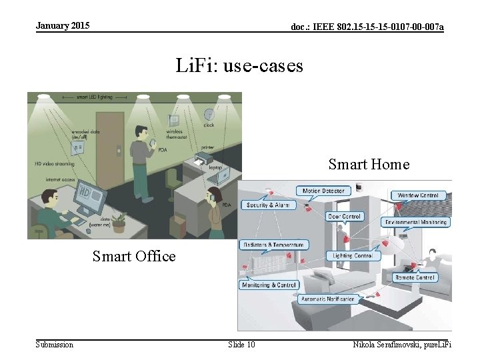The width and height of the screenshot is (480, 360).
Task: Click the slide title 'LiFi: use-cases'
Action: [239, 66]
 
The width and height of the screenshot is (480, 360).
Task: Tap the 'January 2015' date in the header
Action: [62, 26]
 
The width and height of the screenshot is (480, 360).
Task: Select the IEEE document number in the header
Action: [367, 27]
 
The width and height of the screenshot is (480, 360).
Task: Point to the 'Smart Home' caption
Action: [369, 164]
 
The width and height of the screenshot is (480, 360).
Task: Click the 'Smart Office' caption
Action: [134, 256]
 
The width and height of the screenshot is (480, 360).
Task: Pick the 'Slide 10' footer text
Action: [241, 344]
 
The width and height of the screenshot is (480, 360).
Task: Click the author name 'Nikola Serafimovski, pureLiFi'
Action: [402, 344]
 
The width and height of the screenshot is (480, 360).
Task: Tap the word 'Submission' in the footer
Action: [55, 344]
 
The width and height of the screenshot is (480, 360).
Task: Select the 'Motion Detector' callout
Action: [324, 191]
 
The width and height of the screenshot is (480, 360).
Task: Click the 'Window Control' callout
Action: [419, 196]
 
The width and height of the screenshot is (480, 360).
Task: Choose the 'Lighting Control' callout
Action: [353, 255]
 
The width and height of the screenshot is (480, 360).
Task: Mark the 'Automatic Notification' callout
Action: [331, 299]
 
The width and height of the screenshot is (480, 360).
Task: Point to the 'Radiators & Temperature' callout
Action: [275, 245]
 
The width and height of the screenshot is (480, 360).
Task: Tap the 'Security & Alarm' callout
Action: [267, 205]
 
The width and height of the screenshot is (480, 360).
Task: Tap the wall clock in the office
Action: [209, 115]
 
